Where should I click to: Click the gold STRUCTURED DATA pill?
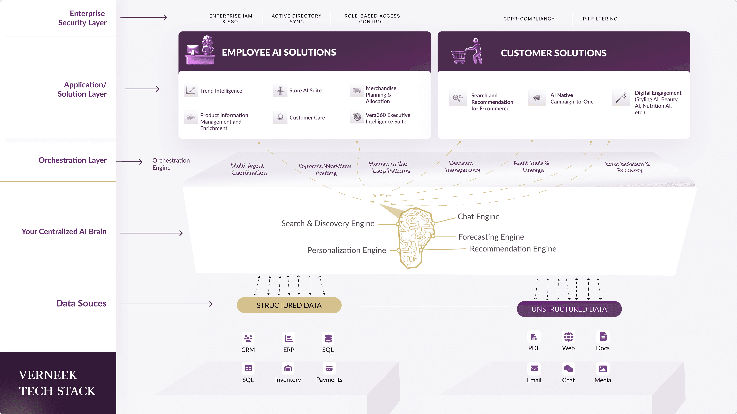coord(289,305)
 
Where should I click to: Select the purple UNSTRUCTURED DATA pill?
coord(569,309)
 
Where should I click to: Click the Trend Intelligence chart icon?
coord(191,91)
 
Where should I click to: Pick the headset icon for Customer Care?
coord(280,117)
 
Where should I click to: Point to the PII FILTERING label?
coord(600,19)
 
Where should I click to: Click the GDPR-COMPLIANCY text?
coord(529,19)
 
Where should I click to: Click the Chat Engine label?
coord(478,217)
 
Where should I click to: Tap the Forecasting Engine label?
coord(491,237)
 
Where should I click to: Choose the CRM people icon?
coord(248,338)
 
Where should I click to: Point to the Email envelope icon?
coord(534,369)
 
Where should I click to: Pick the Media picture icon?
coord(602,369)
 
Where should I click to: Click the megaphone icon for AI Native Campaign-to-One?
coord(537,98)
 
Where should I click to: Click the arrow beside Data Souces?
coord(167,304)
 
